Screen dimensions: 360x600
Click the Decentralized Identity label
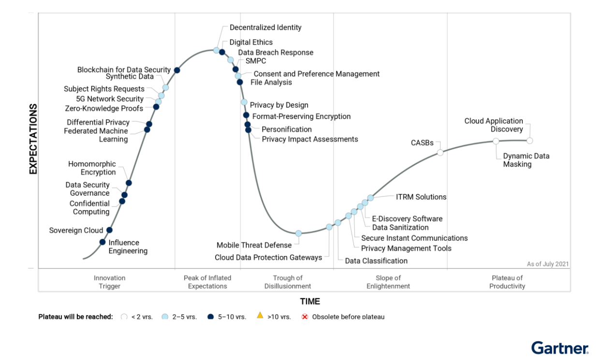[265, 28]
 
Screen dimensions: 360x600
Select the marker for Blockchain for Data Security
[177, 70]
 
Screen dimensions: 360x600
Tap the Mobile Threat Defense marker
[298, 233]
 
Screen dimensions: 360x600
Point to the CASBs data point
[440, 152]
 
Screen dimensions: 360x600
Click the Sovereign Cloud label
[76, 230]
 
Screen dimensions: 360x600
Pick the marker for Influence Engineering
[102, 242]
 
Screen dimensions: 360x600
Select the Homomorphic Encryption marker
[129, 183]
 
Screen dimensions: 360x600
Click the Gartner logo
[560, 348]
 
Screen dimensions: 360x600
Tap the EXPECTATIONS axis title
[33, 139]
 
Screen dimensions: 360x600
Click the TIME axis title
[310, 301]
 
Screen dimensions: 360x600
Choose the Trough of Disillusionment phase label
[288, 282]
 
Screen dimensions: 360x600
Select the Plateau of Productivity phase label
[507, 282]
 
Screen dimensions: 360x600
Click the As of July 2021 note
[547, 264]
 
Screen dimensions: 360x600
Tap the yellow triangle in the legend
[260, 316]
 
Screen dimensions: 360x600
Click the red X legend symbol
[305, 316]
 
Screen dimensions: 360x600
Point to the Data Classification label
[376, 261]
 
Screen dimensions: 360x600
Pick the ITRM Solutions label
[421, 197]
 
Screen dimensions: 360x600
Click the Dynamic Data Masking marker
[496, 141]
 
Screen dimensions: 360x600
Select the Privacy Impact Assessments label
[310, 139]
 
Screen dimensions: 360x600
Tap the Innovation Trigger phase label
[109, 282]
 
